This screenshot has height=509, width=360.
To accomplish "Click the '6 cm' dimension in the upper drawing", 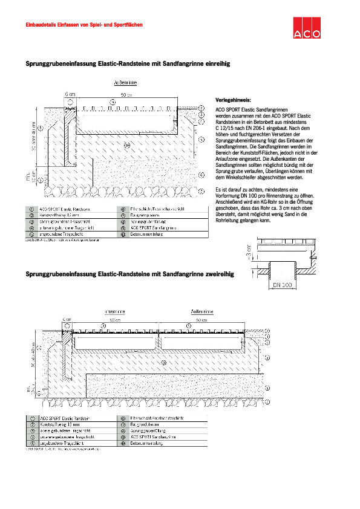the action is (x=71, y=95).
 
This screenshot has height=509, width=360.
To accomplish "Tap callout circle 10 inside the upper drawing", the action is (x=127, y=144).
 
